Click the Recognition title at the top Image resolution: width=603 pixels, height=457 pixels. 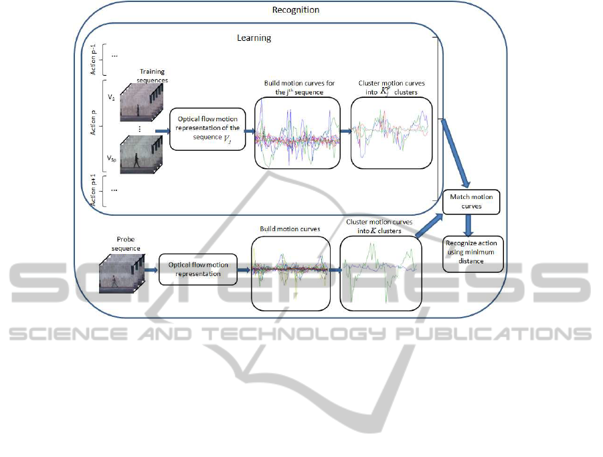coord(296,10)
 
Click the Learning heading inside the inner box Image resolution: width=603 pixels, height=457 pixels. coord(254,38)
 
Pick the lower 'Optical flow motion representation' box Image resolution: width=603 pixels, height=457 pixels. coord(198,269)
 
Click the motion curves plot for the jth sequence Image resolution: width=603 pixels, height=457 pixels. coord(297,131)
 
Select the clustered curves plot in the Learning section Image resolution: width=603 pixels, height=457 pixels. coord(392,131)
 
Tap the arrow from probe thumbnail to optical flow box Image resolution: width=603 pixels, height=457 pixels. coord(151,270)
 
